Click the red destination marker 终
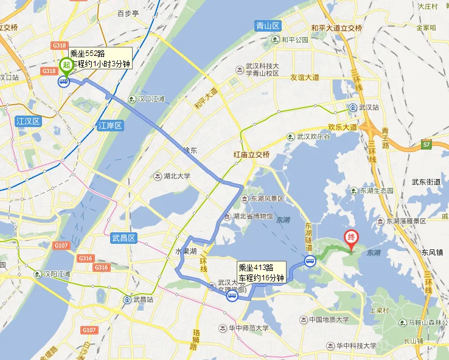351,238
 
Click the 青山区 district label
267,26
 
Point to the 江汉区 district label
27,122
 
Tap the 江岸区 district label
110,126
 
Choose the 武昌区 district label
126,238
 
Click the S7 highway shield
427,144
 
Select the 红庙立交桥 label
251,154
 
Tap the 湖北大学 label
176,176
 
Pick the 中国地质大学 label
329,320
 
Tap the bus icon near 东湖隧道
310,261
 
